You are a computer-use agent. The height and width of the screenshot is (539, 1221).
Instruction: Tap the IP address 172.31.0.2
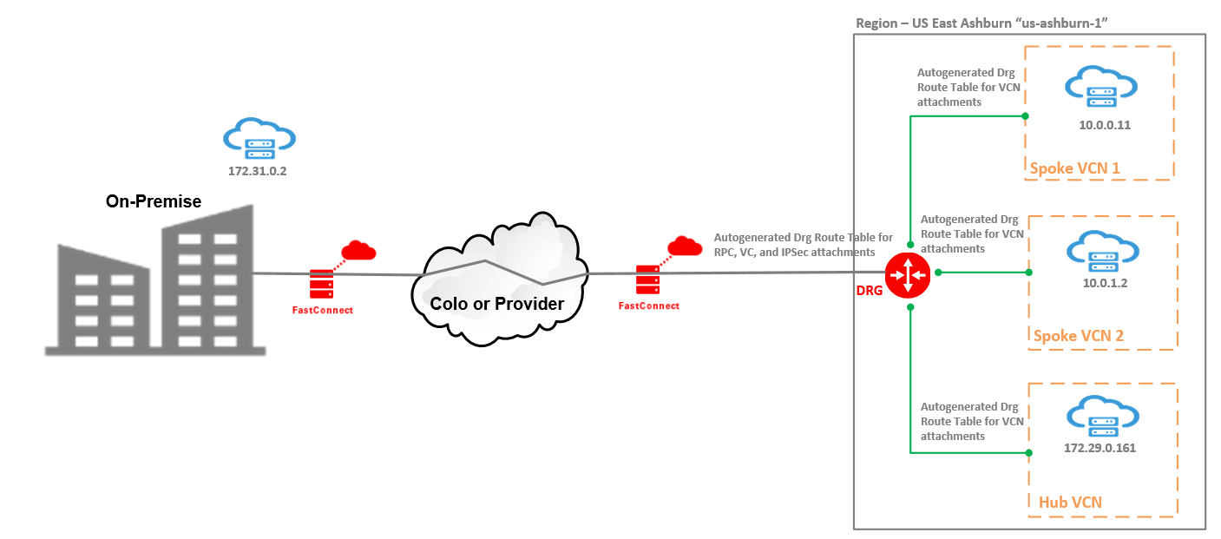(257, 172)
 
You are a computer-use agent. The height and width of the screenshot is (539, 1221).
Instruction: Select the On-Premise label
(154, 201)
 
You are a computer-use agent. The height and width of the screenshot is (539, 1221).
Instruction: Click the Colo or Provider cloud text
(497, 304)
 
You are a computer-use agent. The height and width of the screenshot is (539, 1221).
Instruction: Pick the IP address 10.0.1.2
(1104, 283)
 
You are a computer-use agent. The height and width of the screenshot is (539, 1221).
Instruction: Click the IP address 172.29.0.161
(1100, 449)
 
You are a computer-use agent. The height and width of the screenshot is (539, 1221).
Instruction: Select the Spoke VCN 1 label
(1074, 168)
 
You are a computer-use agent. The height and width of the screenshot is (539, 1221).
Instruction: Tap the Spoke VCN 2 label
(1079, 336)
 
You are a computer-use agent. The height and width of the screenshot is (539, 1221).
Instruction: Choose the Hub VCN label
(1070, 502)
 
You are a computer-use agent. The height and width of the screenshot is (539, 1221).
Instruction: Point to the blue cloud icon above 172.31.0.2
(259, 139)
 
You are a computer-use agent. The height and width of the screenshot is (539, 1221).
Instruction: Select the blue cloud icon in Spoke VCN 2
(1102, 250)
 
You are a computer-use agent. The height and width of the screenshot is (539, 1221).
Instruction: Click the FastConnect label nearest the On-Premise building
(322, 310)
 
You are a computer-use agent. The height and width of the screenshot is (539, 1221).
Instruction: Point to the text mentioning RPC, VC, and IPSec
(803, 245)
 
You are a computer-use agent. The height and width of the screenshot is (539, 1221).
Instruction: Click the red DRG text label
(869, 291)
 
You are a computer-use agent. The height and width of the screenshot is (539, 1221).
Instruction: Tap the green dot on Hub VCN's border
(1027, 452)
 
